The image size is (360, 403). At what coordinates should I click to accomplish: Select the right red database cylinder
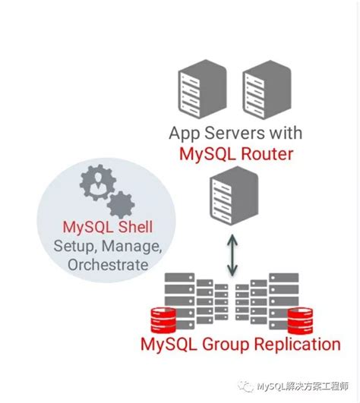(x=302, y=320)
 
